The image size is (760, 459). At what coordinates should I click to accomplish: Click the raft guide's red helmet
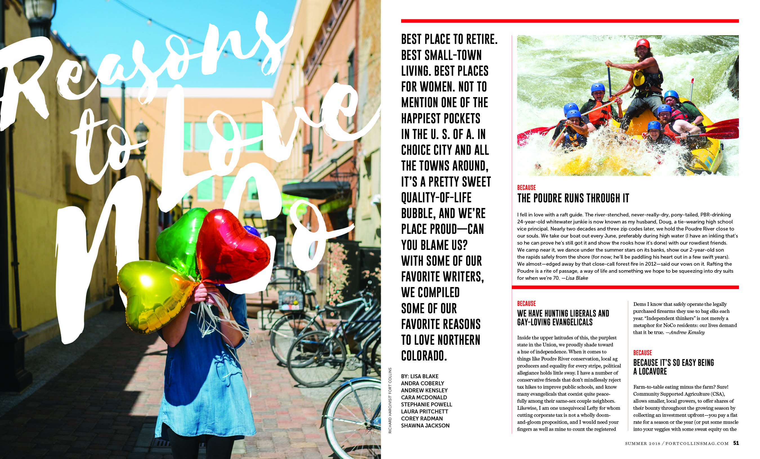pyautogui.click(x=643, y=43)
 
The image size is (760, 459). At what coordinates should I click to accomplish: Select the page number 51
pyautogui.click(x=736, y=443)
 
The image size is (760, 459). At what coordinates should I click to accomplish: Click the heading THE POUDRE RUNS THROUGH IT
pyautogui.click(x=573, y=198)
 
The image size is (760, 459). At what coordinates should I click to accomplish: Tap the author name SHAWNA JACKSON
pyautogui.click(x=425, y=426)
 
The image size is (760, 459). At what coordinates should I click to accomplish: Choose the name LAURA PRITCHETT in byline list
pyautogui.click(x=424, y=411)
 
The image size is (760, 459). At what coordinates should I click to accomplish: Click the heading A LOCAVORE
pyautogui.click(x=650, y=372)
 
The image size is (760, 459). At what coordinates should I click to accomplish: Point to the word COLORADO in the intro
pyautogui.click(x=424, y=356)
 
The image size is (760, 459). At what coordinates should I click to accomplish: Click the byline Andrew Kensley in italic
pyautogui.click(x=687, y=332)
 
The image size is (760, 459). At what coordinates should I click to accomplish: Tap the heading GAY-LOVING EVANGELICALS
pyautogui.click(x=555, y=322)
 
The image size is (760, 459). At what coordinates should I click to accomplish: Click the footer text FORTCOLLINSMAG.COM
pyautogui.click(x=697, y=444)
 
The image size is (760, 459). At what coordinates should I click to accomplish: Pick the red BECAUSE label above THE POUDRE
pyautogui.click(x=526, y=187)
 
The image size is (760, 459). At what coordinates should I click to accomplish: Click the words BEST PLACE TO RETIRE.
pyautogui.click(x=449, y=39)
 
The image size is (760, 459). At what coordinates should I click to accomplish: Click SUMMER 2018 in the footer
pyautogui.click(x=643, y=444)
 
